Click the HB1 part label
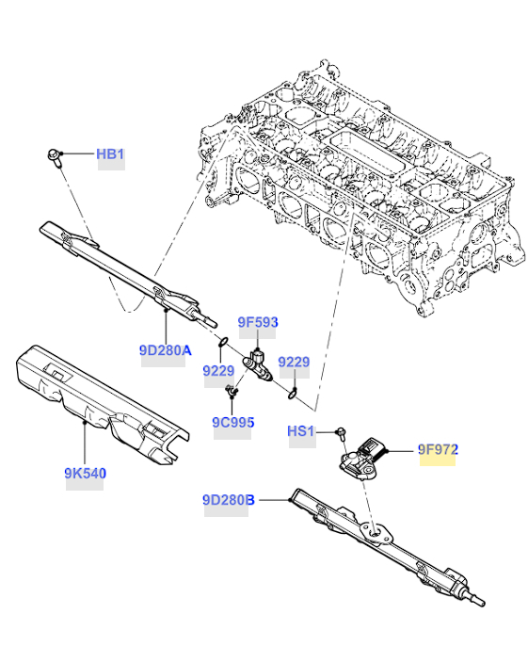click(x=110, y=154)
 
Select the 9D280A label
click(x=165, y=350)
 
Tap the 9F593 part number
click(x=258, y=322)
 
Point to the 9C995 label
click(x=233, y=422)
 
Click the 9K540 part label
click(x=86, y=473)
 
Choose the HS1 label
click(x=300, y=431)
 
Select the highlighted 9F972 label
click(x=438, y=449)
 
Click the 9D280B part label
click(x=229, y=500)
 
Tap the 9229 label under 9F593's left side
click(x=218, y=371)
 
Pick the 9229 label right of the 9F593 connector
click(x=294, y=362)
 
